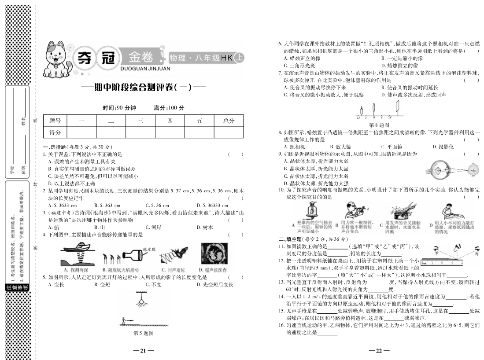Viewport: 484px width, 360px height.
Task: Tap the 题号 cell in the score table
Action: click(x=55, y=121)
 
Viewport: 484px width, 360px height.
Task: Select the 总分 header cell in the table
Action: click(x=229, y=121)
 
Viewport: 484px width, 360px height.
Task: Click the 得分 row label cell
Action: click(x=55, y=132)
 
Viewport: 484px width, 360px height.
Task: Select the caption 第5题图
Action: click(x=143, y=333)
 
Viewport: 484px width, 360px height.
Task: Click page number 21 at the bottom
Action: click(x=143, y=351)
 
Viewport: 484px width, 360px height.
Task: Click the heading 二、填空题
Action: click(x=292, y=239)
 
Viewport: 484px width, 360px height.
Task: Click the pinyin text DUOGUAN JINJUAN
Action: click(x=140, y=69)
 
